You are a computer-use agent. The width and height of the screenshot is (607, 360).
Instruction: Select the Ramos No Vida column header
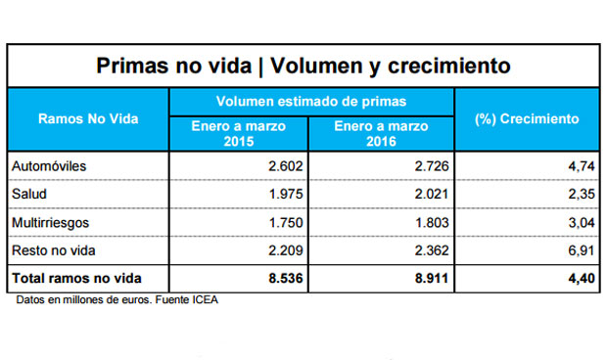pyautogui.click(x=88, y=118)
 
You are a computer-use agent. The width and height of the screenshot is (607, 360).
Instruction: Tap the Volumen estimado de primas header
pyautogui.click(x=311, y=101)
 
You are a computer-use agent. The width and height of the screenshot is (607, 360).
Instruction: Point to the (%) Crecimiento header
pyautogui.click(x=527, y=118)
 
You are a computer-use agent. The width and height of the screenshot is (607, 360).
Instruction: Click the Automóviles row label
pyautogui.click(x=49, y=166)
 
